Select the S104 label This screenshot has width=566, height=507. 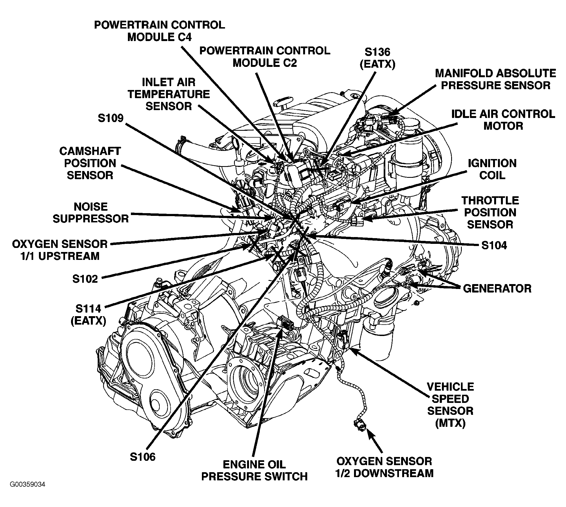tap(494, 245)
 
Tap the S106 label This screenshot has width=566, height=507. tap(143, 457)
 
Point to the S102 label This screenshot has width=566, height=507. tap(85, 279)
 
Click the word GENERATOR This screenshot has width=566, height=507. tap(497, 289)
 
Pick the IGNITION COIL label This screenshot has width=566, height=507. tap(492, 169)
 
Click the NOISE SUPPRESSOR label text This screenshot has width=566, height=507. tap(91, 213)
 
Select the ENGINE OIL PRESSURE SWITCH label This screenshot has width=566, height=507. tap(254, 471)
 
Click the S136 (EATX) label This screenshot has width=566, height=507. tap(377, 58)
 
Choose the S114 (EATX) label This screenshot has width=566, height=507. tap(88, 315)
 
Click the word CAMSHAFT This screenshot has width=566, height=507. tap(90, 151)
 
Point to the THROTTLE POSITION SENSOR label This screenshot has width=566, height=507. tap(490, 213)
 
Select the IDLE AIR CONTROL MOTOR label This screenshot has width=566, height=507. tap(503, 120)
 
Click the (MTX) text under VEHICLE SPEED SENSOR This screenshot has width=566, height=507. tap(450, 424)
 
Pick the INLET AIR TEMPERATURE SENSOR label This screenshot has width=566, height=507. tap(169, 94)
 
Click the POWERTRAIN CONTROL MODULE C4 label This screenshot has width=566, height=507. tap(159, 31)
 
